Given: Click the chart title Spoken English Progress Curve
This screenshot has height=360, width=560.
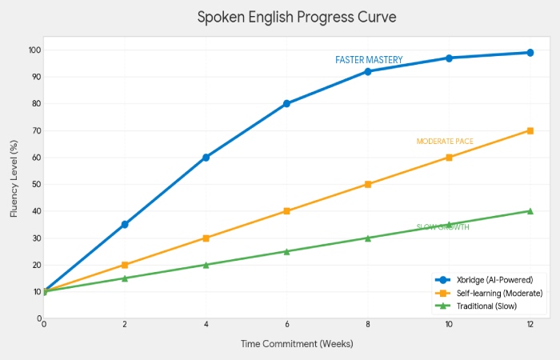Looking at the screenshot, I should click(x=297, y=17).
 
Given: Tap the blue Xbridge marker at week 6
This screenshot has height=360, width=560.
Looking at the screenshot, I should click(x=286, y=103).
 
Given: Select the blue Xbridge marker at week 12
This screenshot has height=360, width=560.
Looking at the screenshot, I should click(x=530, y=53).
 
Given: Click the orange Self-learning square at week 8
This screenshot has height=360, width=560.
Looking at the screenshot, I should click(x=368, y=184).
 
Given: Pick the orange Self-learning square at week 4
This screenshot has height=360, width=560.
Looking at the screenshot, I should click(x=206, y=238).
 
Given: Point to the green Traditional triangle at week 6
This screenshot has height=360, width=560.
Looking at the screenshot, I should click(x=286, y=251).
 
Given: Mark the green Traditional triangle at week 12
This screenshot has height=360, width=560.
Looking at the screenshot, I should click(x=530, y=211).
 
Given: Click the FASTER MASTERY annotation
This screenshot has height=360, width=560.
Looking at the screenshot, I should click(x=369, y=60).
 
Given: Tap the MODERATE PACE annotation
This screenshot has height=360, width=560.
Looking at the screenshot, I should click(x=445, y=142).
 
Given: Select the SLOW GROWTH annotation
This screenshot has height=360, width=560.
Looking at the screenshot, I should click(x=442, y=227).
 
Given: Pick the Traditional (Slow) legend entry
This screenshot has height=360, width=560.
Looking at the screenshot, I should click(x=487, y=306).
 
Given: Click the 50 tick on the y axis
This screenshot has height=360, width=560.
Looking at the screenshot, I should click(x=35, y=184).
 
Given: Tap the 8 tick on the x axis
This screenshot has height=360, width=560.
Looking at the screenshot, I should click(x=368, y=324).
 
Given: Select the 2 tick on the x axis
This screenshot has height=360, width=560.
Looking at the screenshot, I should click(x=125, y=324).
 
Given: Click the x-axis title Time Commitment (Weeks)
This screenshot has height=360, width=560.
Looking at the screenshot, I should click(x=296, y=343).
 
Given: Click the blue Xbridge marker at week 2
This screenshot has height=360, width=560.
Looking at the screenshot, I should click(x=125, y=225).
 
